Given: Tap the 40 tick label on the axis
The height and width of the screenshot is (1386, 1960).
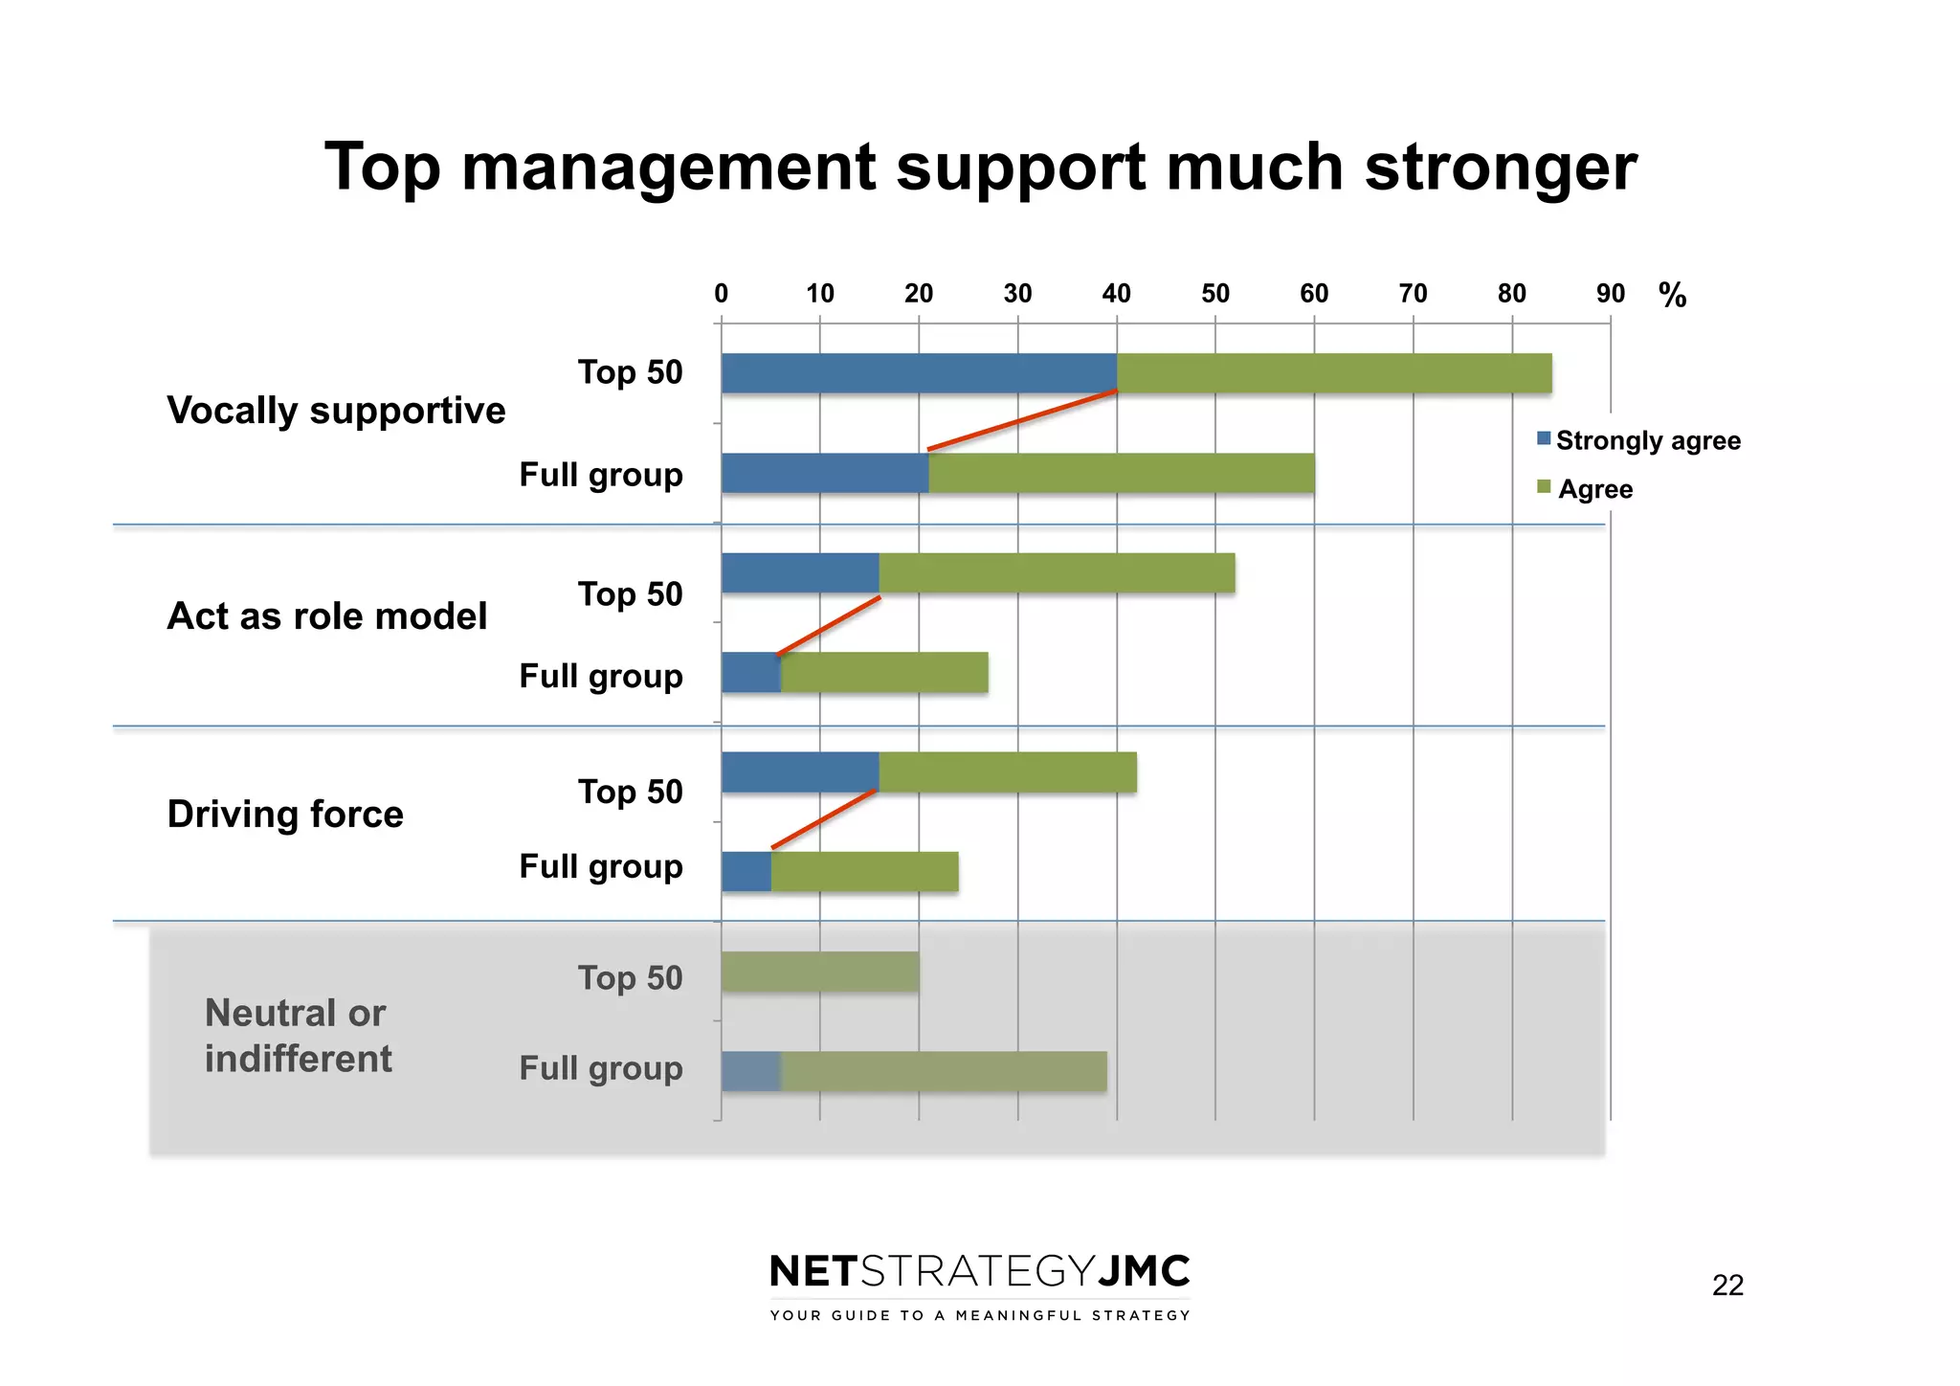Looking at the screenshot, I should (1116, 294).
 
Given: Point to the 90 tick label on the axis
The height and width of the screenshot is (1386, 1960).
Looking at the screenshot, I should (1610, 294).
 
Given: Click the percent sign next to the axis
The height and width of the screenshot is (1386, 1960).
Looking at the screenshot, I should (1672, 295).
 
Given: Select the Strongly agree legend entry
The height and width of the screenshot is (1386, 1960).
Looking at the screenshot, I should (1638, 440).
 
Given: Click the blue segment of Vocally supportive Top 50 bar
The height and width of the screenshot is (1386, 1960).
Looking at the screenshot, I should (919, 373).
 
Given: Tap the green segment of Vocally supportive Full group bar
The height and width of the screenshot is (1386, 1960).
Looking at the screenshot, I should (1121, 474).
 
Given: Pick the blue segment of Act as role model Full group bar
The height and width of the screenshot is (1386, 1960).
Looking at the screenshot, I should (751, 672).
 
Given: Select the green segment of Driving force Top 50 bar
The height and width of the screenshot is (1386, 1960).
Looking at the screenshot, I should (1007, 772).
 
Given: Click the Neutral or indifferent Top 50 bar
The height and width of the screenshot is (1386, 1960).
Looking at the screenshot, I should (820, 972).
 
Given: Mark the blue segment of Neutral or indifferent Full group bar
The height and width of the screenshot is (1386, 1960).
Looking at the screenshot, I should (751, 1071).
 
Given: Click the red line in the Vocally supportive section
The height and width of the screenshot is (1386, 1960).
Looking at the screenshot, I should (1022, 420).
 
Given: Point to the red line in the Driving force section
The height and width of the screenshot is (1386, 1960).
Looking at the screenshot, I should (824, 819).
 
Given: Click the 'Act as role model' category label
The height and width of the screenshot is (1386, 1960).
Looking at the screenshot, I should (327, 616).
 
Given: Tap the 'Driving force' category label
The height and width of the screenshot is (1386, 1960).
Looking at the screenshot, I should (285, 815).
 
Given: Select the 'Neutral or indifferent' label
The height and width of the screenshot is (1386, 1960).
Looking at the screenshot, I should (297, 1036).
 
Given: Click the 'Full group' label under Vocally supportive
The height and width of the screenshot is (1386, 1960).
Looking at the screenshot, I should (600, 475).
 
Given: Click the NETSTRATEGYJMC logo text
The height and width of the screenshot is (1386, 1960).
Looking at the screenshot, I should (979, 1272).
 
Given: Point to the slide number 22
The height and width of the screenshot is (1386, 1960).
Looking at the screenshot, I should (1726, 1285).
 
